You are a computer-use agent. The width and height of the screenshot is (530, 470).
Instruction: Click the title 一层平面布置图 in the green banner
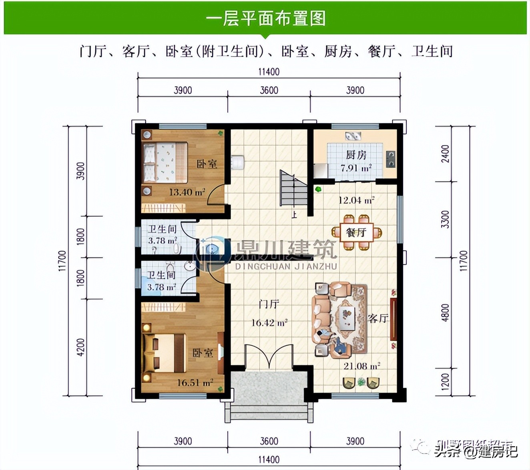265,19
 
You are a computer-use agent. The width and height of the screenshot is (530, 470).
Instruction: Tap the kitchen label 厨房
356,155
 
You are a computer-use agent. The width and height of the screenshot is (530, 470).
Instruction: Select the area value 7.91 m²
356,168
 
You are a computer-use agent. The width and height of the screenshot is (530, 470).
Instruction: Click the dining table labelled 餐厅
356,232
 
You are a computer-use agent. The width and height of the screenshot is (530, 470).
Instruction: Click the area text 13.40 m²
187,192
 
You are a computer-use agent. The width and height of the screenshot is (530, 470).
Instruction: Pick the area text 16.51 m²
195,383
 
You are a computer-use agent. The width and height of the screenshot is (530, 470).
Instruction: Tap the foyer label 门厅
269,304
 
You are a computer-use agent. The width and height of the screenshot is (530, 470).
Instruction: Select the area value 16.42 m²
269,322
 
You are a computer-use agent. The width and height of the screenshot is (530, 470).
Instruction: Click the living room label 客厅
378,318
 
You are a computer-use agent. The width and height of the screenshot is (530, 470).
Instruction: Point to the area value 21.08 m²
361,366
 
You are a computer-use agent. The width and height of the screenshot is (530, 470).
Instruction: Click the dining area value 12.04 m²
356,200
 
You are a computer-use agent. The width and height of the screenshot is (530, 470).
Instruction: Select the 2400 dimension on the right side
445,154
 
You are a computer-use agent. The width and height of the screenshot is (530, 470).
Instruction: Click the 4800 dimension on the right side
445,313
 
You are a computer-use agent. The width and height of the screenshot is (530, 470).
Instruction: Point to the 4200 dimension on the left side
80,347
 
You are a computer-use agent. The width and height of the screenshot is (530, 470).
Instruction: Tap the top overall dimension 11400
269,72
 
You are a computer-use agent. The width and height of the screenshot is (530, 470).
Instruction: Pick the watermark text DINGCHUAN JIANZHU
286,266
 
